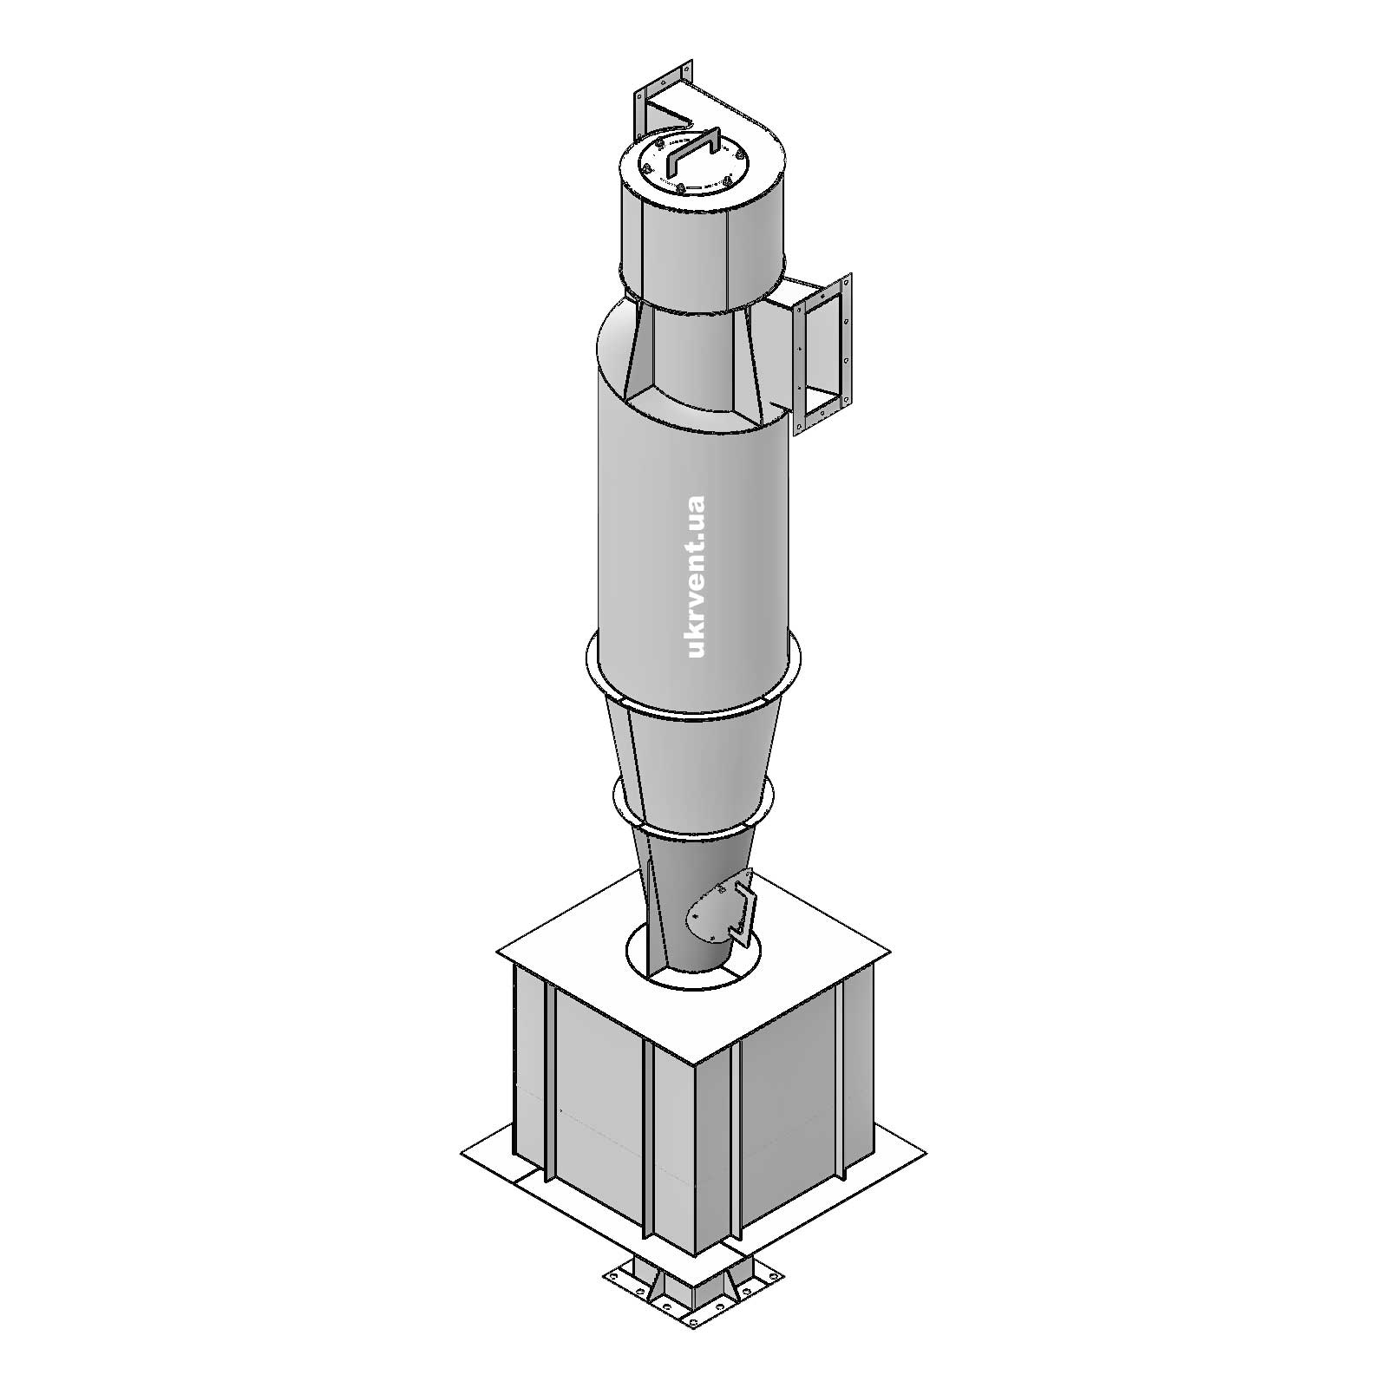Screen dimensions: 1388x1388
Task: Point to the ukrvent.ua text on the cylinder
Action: [696, 577]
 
